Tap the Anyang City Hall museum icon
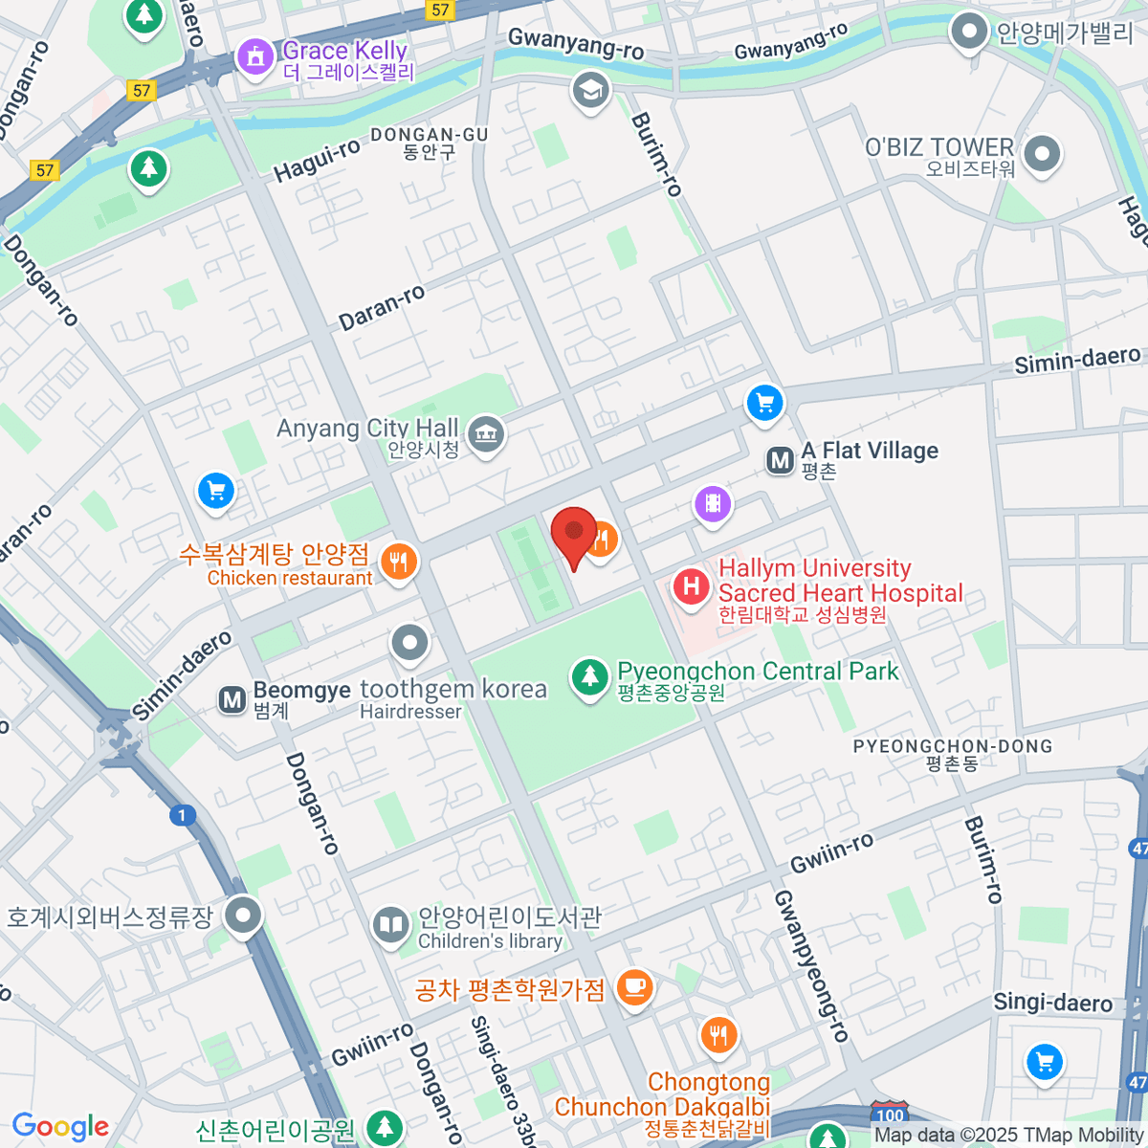tap(486, 435)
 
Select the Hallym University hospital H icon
tap(691, 585)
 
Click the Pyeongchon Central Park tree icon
tap(590, 676)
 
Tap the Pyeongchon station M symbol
tap(781, 461)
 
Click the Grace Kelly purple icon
tap(255, 56)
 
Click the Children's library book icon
tap(390, 925)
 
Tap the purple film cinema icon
tap(713, 502)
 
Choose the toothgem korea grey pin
tap(410, 642)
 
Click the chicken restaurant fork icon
tap(399, 562)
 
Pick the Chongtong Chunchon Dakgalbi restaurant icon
tap(717, 1034)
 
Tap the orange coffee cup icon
tap(633, 985)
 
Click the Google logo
tap(60, 1126)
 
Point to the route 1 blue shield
tap(182, 816)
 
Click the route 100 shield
tap(890, 1115)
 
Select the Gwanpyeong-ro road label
tap(811, 966)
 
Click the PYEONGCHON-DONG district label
tap(952, 746)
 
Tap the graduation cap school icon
tap(590, 91)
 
